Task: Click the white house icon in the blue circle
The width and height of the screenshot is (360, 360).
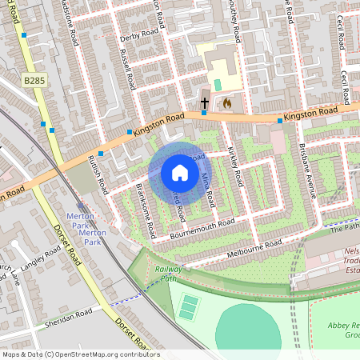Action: point(180,172)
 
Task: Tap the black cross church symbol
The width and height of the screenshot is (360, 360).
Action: point(204,103)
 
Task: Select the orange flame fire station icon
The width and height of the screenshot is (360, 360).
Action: point(226,103)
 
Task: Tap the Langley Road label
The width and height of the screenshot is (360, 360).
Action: point(42,260)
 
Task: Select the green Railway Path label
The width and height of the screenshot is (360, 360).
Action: point(169,274)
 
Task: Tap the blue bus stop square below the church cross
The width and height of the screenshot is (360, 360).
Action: point(204,113)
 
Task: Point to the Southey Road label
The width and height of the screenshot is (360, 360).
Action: point(235,22)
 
